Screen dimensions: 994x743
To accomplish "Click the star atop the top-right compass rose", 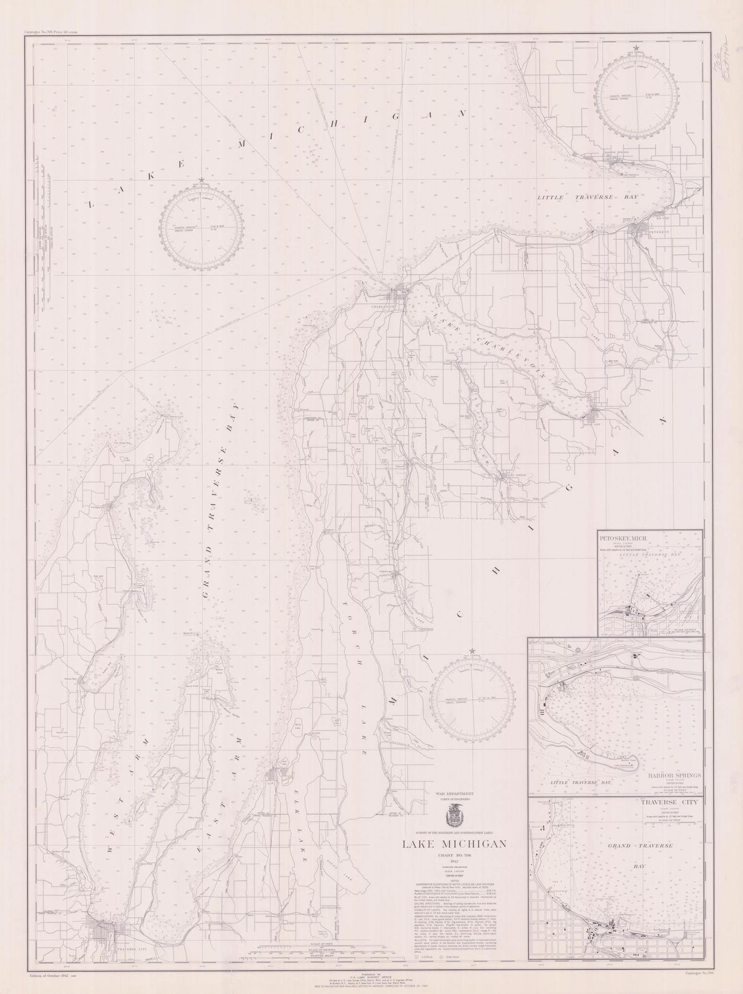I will coord(636,48).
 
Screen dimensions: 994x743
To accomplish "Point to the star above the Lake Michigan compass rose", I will coord(202,180).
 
